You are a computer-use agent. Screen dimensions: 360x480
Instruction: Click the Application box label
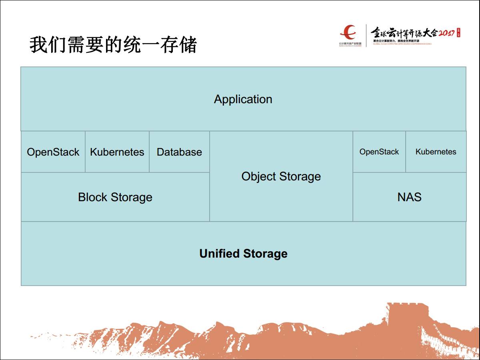click(x=243, y=99)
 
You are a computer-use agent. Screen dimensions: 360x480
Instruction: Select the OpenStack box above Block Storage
click(x=53, y=152)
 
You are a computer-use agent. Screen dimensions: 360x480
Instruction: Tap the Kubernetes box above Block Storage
click(x=117, y=152)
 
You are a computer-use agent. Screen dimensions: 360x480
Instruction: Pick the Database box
click(x=179, y=152)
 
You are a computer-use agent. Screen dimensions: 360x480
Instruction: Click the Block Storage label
click(x=115, y=197)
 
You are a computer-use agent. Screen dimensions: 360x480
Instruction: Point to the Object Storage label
click(x=281, y=176)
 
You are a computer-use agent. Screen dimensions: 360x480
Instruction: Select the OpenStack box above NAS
click(x=379, y=152)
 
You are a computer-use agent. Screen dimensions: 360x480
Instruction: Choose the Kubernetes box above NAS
click(x=436, y=152)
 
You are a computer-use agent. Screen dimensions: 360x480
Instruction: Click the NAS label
click(x=409, y=197)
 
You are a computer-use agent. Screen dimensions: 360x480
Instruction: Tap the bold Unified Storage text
click(x=243, y=254)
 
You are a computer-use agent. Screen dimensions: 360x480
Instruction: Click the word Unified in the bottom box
click(x=220, y=254)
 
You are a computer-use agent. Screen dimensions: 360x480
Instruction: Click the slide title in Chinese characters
click(x=113, y=45)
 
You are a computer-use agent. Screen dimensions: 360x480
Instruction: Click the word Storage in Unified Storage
click(x=265, y=254)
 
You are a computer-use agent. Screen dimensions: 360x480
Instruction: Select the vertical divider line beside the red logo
click(x=366, y=36)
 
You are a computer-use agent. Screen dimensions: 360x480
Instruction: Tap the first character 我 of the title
click(x=38, y=45)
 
